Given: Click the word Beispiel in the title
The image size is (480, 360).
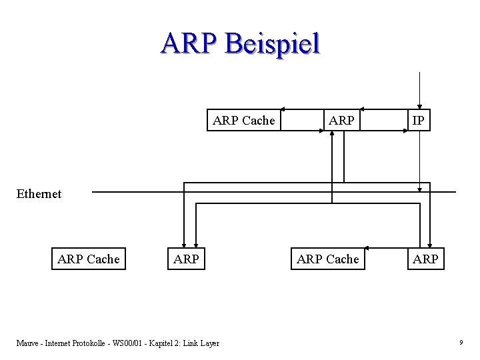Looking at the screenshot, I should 273,44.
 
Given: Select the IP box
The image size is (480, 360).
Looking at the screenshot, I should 419,121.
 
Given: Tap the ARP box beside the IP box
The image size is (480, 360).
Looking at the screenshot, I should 341,121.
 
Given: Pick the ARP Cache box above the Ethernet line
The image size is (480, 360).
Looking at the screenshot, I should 243,121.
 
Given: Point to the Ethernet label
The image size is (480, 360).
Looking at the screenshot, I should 39,194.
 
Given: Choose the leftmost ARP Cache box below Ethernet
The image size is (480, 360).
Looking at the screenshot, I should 89,259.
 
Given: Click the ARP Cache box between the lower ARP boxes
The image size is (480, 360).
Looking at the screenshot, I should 327,259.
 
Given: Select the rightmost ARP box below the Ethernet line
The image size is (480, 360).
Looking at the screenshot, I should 425,259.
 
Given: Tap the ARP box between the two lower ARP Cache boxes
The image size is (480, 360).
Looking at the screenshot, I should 186,259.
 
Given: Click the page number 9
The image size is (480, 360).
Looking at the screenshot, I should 461,343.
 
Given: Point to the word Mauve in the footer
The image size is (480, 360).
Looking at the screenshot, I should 27,343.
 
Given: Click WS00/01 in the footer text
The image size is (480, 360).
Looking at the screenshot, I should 125,343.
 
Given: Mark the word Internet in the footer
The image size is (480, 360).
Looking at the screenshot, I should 59,343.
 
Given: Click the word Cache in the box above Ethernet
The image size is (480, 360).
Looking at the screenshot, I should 259,121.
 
